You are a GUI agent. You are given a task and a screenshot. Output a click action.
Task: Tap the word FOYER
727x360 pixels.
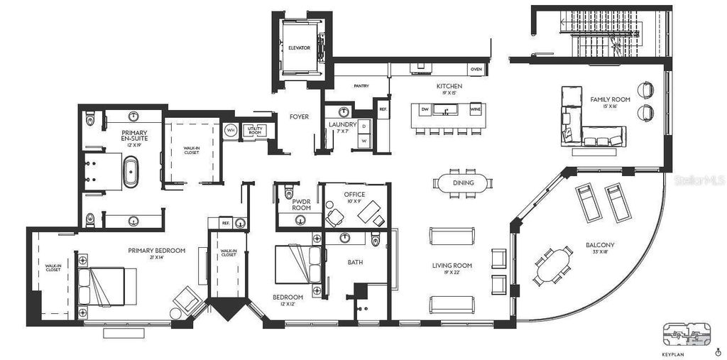[299, 116]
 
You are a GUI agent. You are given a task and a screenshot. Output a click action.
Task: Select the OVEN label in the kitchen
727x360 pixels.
[476, 69]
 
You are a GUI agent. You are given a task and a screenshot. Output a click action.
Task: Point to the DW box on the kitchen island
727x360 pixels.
[425, 109]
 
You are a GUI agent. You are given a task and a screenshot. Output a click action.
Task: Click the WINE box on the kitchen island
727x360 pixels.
[475, 109]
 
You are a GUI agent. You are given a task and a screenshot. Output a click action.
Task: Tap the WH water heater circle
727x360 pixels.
[230, 131]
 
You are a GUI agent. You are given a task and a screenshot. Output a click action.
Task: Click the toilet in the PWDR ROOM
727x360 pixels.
[288, 192]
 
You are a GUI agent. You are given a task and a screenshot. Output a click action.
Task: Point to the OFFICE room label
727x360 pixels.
[354, 194]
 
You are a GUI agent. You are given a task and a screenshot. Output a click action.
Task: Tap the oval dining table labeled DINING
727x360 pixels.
[463, 182]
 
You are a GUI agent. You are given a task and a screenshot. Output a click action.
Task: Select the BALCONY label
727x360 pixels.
[601, 245]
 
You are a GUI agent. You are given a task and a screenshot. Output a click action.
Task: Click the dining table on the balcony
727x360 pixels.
[553, 264]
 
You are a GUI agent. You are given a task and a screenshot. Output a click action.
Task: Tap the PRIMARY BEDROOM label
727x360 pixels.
[157, 250]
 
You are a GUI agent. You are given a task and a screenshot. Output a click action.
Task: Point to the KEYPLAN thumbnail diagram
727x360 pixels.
[687, 333]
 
